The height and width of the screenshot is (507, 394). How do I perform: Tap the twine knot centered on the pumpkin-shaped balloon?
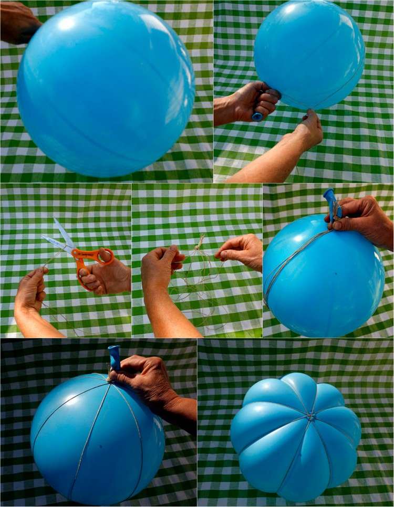311,417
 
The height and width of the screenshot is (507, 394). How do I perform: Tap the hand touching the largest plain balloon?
18,21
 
